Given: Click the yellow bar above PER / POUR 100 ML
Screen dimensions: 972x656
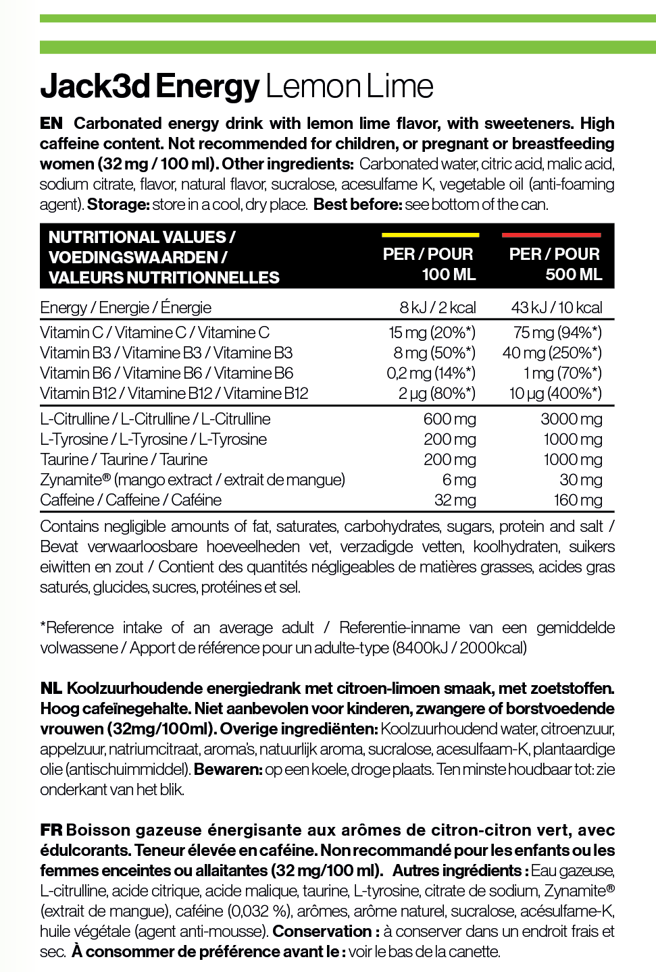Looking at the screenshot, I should click(x=430, y=235).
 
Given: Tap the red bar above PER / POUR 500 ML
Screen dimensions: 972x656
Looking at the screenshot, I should click(x=551, y=235).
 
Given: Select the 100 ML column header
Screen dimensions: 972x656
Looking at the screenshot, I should click(x=429, y=264).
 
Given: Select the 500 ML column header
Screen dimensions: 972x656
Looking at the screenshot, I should click(x=554, y=264).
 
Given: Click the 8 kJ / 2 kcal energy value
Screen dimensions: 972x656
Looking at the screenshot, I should click(x=437, y=308).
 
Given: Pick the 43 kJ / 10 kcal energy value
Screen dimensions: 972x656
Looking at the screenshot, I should click(x=556, y=308).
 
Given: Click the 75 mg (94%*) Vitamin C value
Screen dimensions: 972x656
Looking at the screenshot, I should click(x=557, y=333).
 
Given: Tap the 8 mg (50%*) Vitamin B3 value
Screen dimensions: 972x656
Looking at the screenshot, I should click(x=434, y=353).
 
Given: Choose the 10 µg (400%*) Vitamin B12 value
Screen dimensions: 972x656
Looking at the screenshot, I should click(x=555, y=394).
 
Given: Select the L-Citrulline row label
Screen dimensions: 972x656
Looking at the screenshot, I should click(x=155, y=419).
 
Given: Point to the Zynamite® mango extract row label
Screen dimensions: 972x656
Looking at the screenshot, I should click(x=192, y=480).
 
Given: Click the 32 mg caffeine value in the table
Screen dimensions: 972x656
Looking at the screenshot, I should click(x=455, y=500).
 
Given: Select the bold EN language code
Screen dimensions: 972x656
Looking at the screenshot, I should click(x=51, y=124).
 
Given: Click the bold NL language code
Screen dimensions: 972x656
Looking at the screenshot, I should click(x=51, y=688).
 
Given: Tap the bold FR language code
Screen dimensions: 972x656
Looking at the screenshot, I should click(x=51, y=830).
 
